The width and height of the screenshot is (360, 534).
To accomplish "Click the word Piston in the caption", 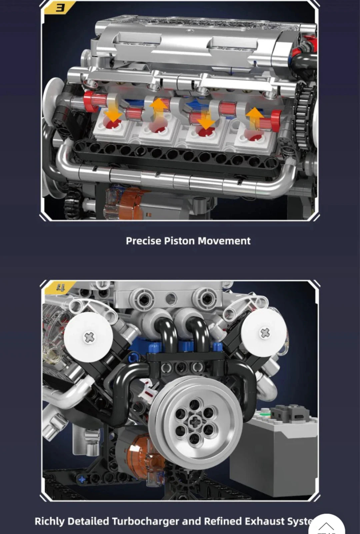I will [179, 241].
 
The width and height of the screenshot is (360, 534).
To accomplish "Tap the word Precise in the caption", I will [143, 241].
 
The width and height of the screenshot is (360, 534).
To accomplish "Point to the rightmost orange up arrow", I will [255, 117].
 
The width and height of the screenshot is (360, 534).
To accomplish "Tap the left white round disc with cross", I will [89, 337].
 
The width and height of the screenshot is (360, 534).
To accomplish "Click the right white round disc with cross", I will [264, 333].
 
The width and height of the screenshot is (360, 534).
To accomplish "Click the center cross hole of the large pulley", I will [195, 422].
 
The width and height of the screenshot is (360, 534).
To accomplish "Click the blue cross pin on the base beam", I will [82, 480].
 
